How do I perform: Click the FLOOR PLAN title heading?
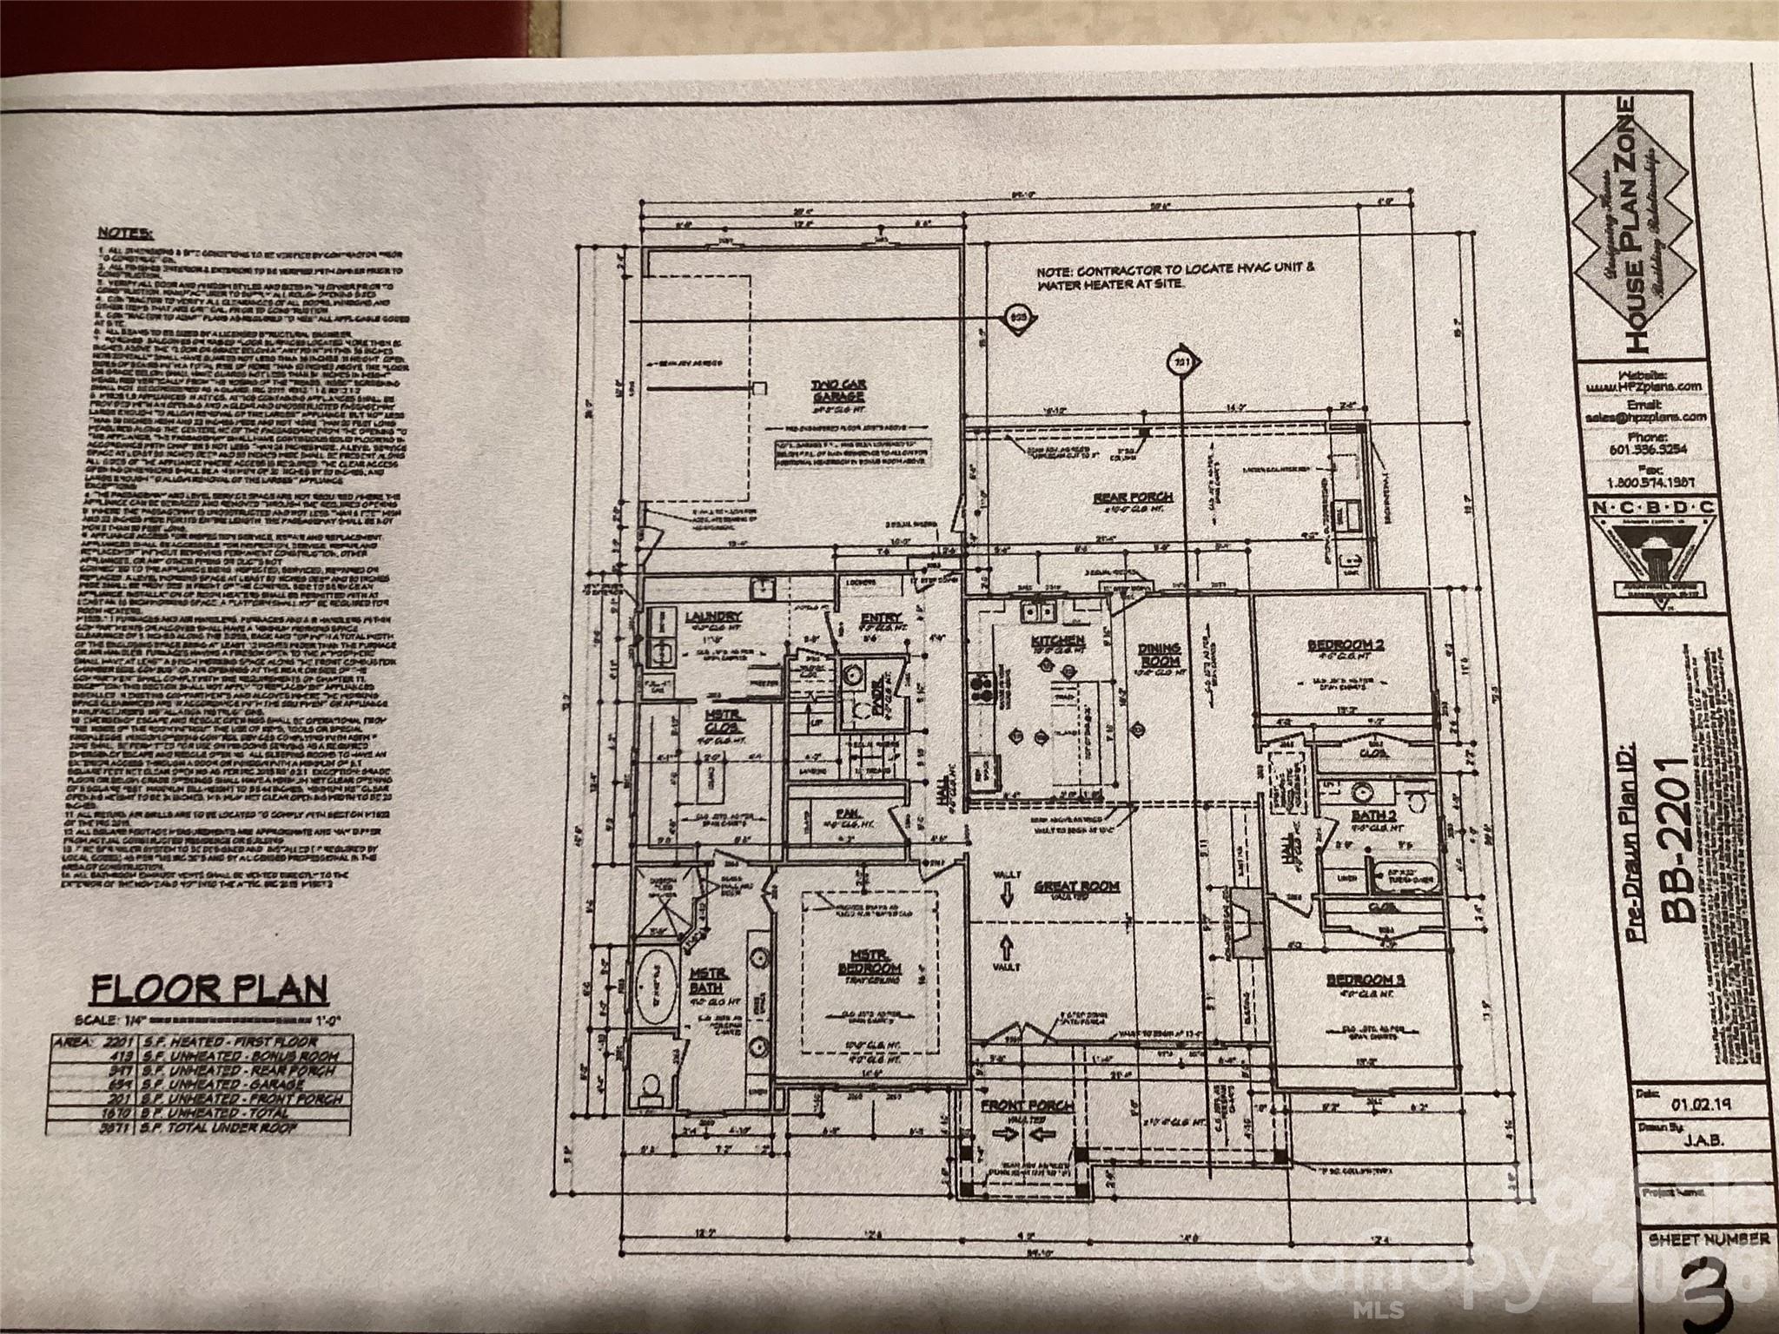(209, 989)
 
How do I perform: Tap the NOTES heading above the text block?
(125, 233)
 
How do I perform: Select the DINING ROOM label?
(1159, 657)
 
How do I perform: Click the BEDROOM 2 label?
(1345, 645)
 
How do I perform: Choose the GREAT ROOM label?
(1076, 887)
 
